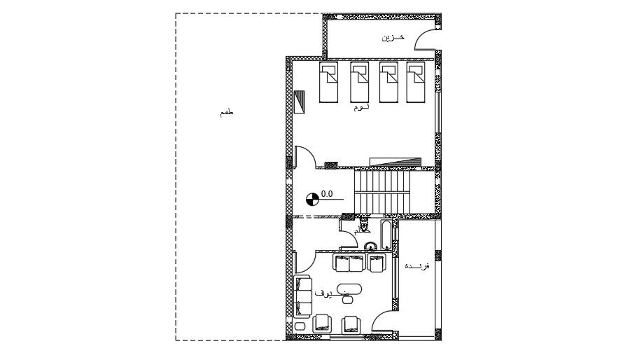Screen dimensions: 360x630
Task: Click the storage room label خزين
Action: click(393, 37)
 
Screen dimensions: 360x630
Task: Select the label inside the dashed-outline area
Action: click(225, 112)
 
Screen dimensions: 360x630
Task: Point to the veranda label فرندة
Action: click(416, 266)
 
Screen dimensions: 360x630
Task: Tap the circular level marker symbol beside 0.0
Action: click(313, 199)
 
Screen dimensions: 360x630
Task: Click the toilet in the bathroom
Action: click(363, 225)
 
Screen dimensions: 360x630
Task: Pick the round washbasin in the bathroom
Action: click(370, 245)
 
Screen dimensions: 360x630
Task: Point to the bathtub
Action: click(386, 235)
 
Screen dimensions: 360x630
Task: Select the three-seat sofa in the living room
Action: click(304, 296)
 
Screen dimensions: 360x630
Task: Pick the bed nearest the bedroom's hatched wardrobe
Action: click(329, 83)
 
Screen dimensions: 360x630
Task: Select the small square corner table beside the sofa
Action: click(300, 325)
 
